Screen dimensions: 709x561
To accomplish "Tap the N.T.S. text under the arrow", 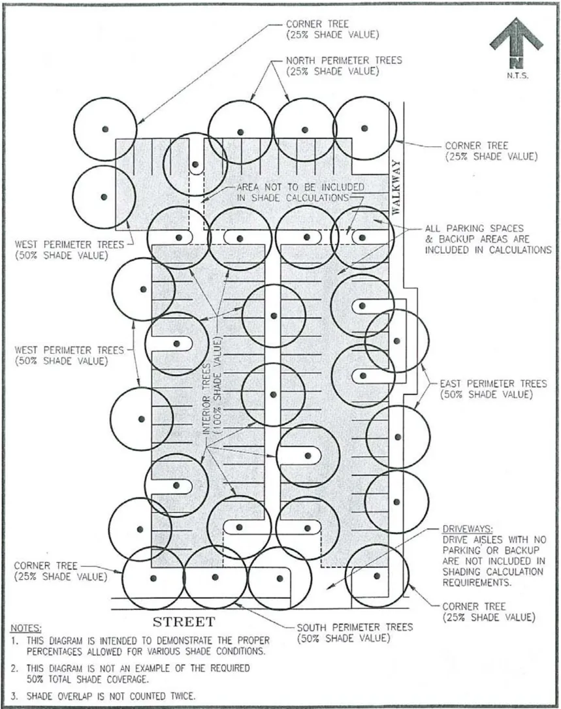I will tap(517, 75).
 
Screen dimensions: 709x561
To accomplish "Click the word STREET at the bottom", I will tap(184, 620).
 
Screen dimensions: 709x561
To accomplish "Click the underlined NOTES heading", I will tap(26, 628).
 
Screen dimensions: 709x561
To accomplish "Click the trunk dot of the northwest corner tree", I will tap(104, 129).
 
